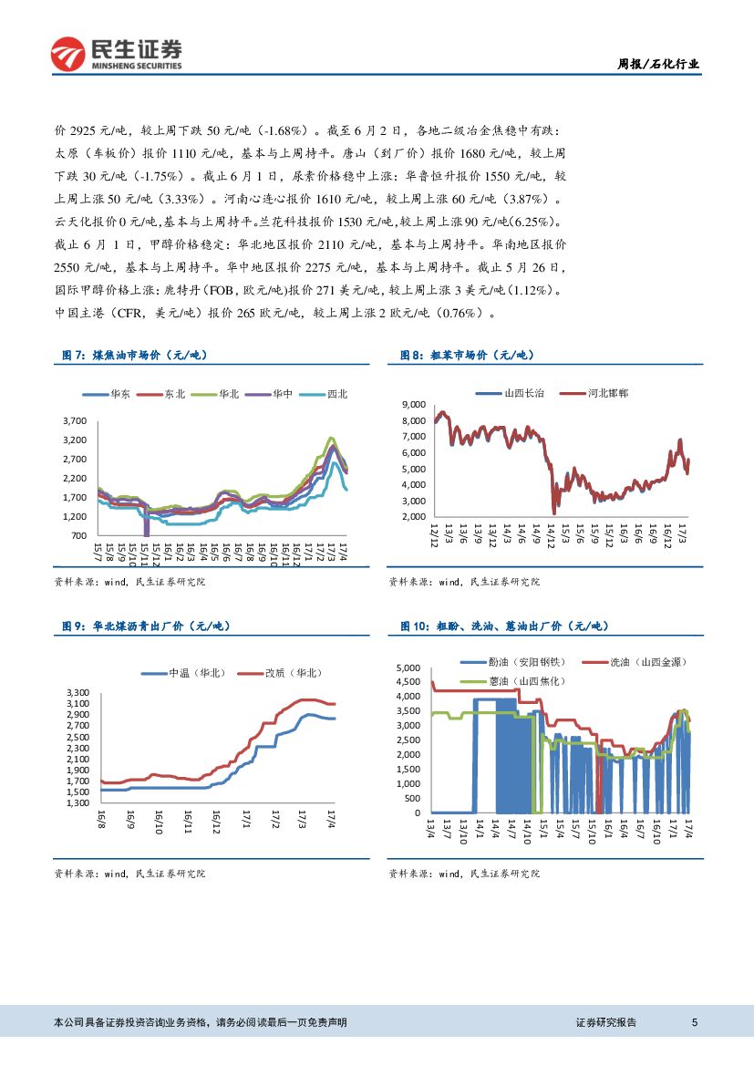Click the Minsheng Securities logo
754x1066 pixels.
[x=116, y=54]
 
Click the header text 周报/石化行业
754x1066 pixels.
[x=659, y=64]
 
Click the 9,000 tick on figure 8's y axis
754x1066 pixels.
[x=413, y=403]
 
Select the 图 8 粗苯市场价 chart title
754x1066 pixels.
[x=468, y=355]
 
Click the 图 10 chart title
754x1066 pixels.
[x=504, y=626]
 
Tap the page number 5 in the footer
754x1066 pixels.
[x=695, y=1023]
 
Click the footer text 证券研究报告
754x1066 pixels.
[x=606, y=1023]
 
